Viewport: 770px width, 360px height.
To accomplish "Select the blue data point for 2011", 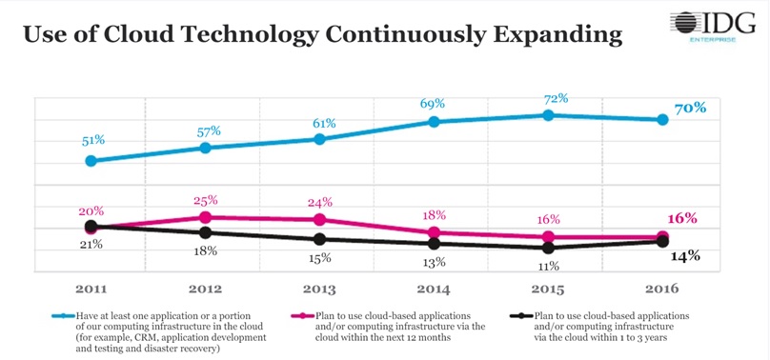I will pos(91,161).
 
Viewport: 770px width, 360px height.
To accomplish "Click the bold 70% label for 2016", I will pos(690,108).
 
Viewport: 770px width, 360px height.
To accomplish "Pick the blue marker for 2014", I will pos(434,122).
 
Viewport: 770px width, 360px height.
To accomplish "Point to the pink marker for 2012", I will pos(206,217).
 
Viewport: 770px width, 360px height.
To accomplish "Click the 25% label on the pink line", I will pos(206,200).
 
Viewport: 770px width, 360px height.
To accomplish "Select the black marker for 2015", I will pos(548,248).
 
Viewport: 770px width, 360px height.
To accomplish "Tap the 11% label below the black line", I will pos(548,267).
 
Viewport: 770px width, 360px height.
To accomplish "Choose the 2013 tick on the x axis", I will pos(319,288).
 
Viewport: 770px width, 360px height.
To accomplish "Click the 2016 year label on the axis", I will pos(662,288).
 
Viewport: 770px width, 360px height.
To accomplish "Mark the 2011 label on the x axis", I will pos(91,288).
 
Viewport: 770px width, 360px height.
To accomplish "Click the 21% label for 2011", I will pos(91,245).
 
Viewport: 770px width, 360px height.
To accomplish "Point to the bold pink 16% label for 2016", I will pos(681,218).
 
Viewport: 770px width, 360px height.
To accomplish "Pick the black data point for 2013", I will pos(319,239).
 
